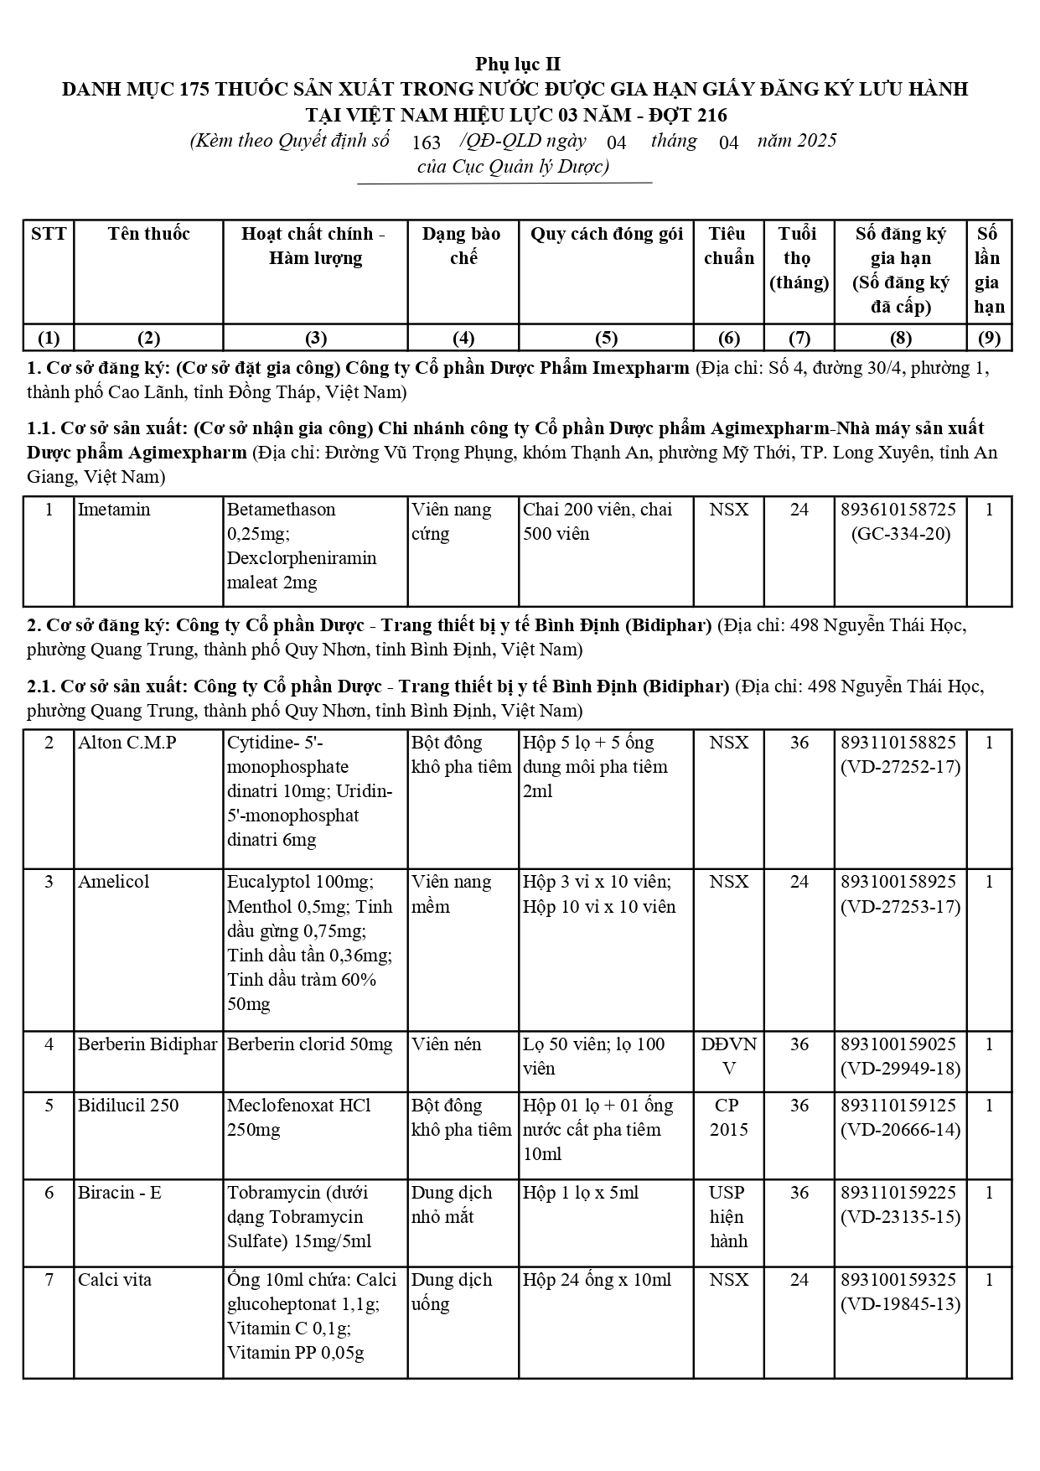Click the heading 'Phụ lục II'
point(518,64)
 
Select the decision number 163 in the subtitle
point(427,142)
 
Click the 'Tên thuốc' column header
point(148,234)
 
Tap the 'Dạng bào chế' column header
point(462,246)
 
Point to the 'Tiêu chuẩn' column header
point(728,246)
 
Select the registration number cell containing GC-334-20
point(900,521)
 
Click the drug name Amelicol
point(114,882)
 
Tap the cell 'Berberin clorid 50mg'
point(310,1044)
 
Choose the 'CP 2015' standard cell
point(728,1117)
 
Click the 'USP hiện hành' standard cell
point(728,1216)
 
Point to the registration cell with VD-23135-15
point(900,1204)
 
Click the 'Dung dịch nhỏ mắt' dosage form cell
point(453,1204)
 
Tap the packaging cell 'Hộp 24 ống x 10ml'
point(597,1280)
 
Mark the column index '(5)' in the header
point(605,338)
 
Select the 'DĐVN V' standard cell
point(728,1056)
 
